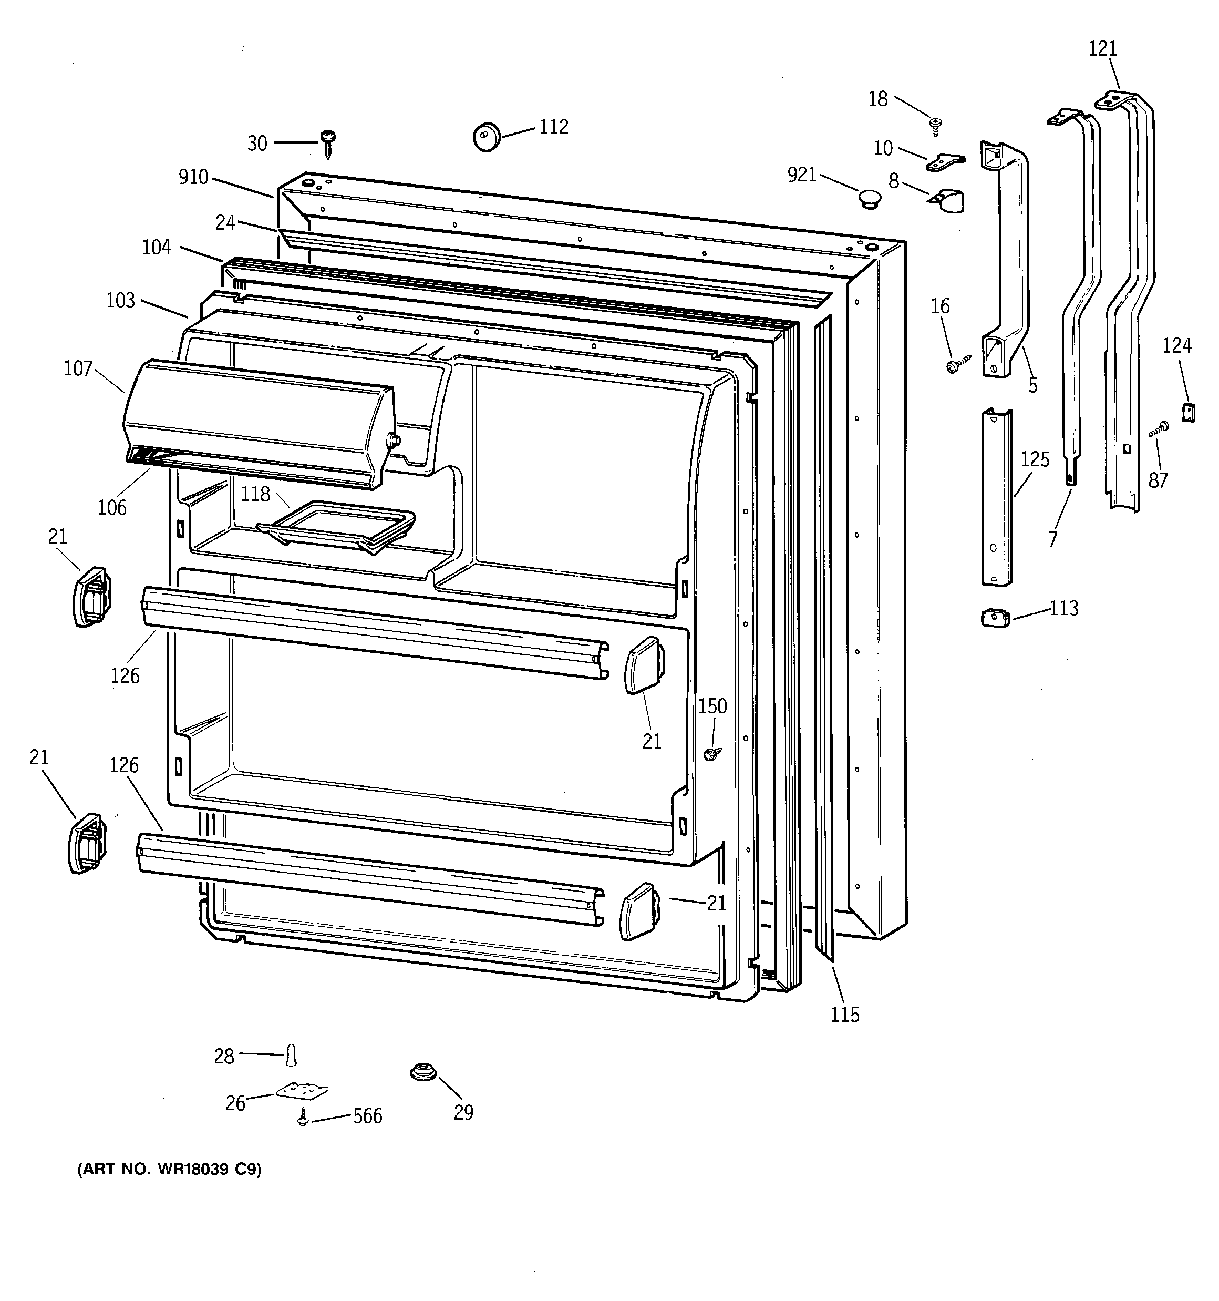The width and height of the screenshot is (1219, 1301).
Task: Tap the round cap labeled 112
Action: (x=486, y=137)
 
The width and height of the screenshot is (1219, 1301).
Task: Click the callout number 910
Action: (x=194, y=177)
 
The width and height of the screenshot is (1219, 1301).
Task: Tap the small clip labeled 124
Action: (x=1188, y=412)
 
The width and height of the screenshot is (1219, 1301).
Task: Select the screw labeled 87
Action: (x=1159, y=429)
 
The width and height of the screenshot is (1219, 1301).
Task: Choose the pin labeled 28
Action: (x=291, y=1055)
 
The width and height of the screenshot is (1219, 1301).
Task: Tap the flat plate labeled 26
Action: (x=302, y=1090)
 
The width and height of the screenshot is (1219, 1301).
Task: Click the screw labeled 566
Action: (x=303, y=1116)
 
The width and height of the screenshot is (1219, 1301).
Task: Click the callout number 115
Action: (x=845, y=1015)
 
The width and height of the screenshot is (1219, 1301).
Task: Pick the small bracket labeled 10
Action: (x=945, y=162)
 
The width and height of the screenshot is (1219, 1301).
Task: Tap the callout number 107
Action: (x=78, y=369)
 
